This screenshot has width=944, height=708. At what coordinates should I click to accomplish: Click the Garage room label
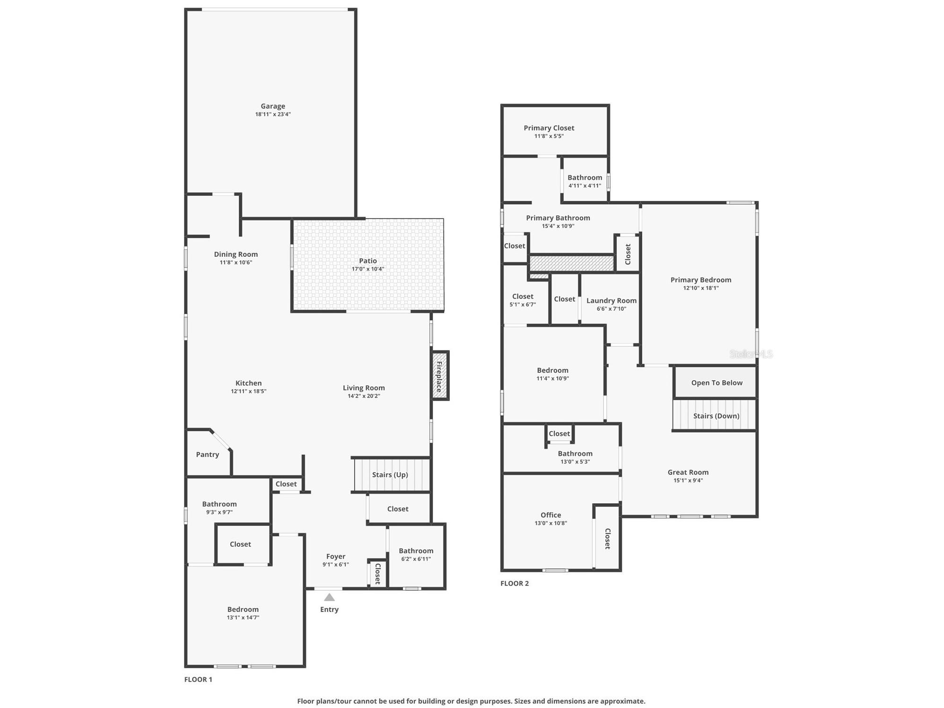[273, 106]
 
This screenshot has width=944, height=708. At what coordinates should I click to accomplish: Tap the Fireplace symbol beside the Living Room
[439, 376]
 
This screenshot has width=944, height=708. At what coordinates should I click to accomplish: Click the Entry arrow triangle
[329, 597]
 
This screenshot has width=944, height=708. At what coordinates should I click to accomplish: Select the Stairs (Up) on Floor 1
[390, 475]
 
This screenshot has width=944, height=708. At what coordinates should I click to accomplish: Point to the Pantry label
[208, 455]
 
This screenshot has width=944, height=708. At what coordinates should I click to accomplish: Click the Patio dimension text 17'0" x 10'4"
[367, 269]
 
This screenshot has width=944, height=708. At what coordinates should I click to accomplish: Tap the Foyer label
[336, 557]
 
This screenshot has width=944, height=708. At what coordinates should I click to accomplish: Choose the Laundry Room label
[611, 301]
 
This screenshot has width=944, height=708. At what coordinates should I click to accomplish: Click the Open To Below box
[717, 383]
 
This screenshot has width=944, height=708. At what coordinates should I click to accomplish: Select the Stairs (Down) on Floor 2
[716, 416]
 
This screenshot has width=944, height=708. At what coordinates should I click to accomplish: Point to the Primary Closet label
[549, 128]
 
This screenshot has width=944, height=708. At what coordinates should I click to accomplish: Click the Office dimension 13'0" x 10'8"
[551, 523]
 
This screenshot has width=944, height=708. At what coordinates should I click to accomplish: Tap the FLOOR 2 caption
[515, 583]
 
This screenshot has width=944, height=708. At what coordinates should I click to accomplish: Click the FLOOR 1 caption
[198, 679]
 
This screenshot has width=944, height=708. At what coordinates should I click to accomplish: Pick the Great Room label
[688, 472]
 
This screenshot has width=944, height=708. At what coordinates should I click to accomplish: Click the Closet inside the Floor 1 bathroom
[240, 544]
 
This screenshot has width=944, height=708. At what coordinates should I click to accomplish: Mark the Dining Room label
[236, 254]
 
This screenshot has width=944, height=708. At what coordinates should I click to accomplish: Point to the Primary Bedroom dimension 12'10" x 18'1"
[700, 288]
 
